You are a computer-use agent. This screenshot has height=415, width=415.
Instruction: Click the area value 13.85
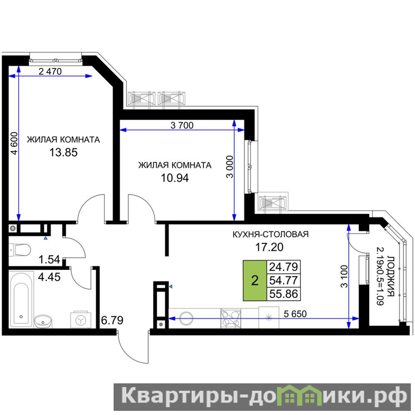pyautogui.click(x=63, y=153)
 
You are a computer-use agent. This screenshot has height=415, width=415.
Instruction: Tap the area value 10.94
pyautogui.click(x=175, y=178)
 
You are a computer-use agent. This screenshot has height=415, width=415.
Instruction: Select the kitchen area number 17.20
pyautogui.click(x=269, y=247)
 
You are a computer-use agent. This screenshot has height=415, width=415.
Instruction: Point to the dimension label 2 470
pyautogui.click(x=50, y=71)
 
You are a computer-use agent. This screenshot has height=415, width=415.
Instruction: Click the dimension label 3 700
pyautogui.click(x=182, y=125)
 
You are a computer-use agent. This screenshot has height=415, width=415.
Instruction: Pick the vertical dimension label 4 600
pyautogui.click(x=15, y=144)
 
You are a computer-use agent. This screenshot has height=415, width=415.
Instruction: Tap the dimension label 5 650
pyautogui.click(x=295, y=314)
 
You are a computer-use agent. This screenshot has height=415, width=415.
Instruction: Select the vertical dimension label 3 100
pyautogui.click(x=344, y=276)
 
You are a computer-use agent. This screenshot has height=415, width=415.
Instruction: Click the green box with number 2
pyautogui.click(x=255, y=281)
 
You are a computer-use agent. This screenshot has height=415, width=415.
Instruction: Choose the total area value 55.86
pyautogui.click(x=283, y=294)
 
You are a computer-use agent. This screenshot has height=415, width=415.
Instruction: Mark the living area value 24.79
pyautogui.click(x=283, y=267)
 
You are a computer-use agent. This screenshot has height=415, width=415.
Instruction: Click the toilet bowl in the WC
pyautogui.click(x=20, y=250)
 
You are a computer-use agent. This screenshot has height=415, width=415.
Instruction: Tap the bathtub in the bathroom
pyautogui.click(x=21, y=299)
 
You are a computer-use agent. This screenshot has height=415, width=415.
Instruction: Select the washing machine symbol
pyautogui.click(x=81, y=320)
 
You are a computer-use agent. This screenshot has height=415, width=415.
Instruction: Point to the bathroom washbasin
pyautogui.click(x=43, y=321)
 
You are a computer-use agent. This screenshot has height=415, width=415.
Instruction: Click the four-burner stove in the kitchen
pyautogui.click(x=231, y=319)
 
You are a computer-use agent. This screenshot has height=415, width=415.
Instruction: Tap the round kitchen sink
pyautogui.click(x=186, y=318)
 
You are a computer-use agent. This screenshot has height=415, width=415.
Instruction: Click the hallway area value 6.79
pyautogui.click(x=112, y=320)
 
